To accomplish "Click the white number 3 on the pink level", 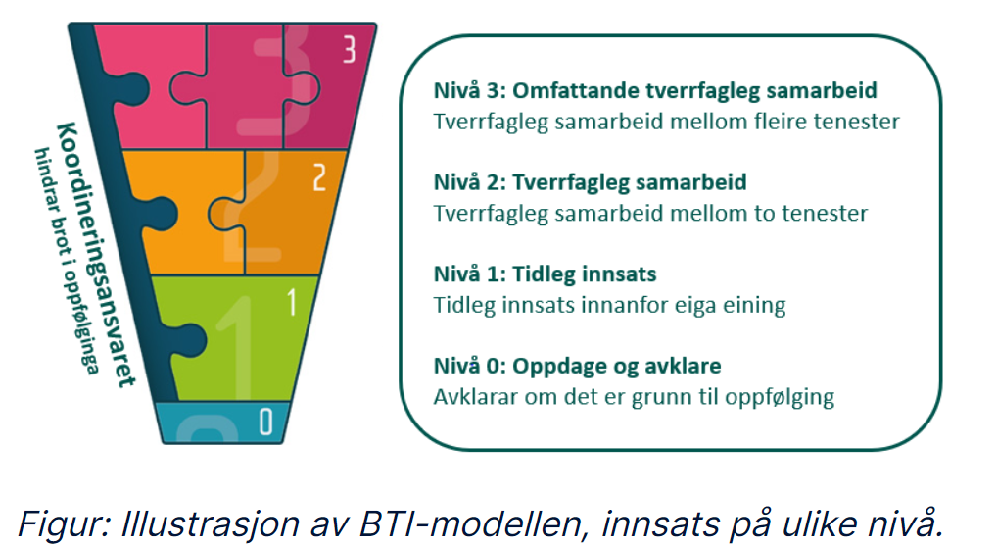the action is pyautogui.click(x=349, y=49).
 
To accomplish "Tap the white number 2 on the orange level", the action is pyautogui.click(x=320, y=177).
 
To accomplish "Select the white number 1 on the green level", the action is pyautogui.click(x=291, y=302).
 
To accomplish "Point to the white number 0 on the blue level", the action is pyautogui.click(x=265, y=421).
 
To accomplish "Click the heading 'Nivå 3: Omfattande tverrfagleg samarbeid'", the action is pyautogui.click(x=655, y=91).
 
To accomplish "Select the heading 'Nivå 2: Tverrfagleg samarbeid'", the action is pyautogui.click(x=590, y=182).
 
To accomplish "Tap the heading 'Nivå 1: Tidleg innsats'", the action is pyautogui.click(x=545, y=274).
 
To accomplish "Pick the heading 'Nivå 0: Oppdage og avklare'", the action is pyautogui.click(x=578, y=366).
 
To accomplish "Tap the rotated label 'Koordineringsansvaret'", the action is pyautogui.click(x=96, y=254).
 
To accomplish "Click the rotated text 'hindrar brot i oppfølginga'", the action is pyautogui.click(x=67, y=261).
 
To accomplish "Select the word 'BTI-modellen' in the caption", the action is pyautogui.click(x=469, y=524).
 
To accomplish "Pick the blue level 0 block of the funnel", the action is pyautogui.click(x=222, y=422).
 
